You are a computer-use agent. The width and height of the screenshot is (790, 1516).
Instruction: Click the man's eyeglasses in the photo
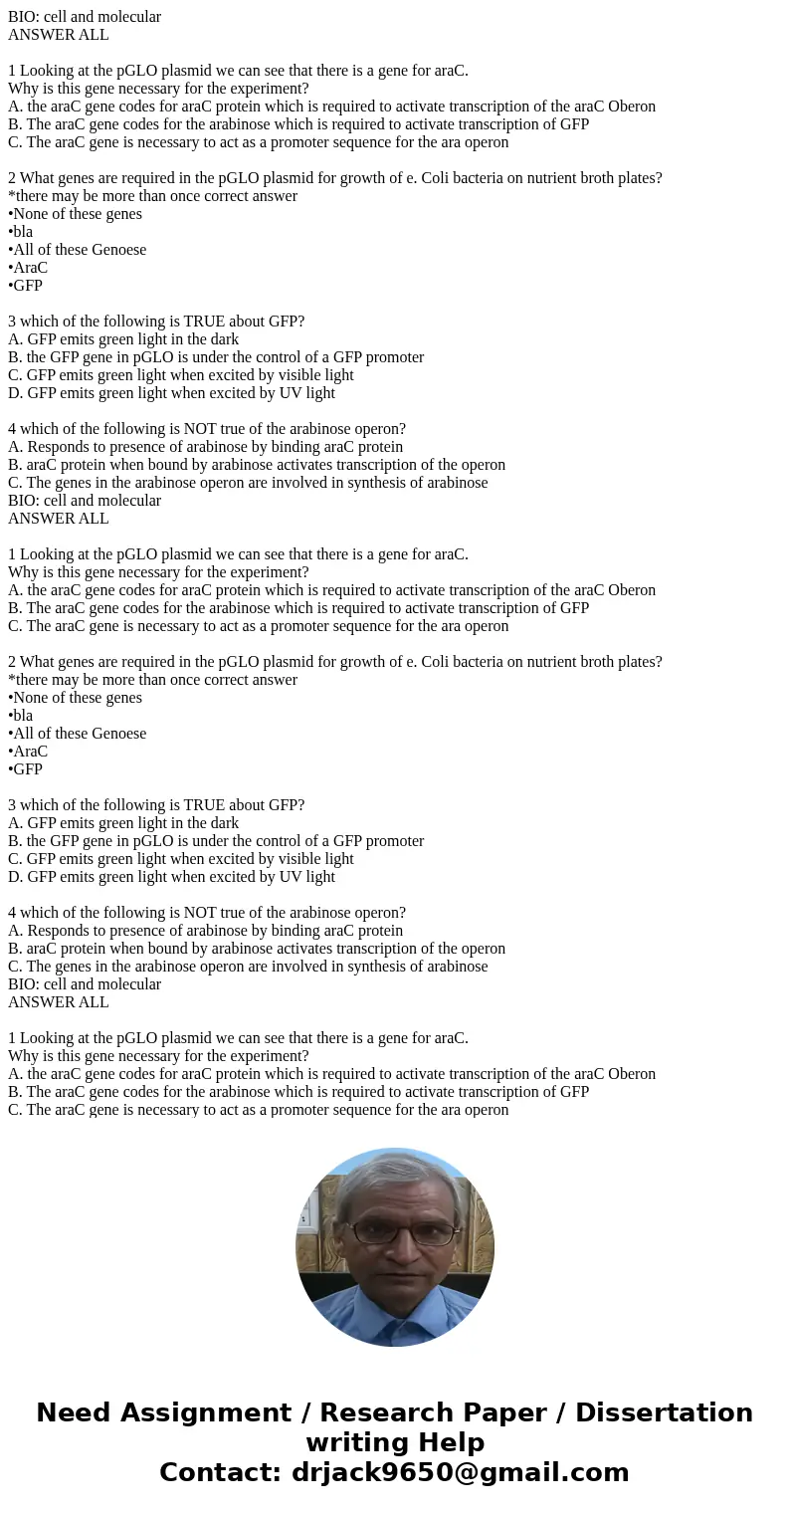(402, 1233)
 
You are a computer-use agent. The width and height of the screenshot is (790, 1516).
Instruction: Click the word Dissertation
(664, 1413)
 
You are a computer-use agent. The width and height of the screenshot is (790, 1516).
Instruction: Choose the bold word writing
(350, 1443)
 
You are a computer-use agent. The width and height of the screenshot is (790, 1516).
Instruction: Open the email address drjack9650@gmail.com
(460, 1473)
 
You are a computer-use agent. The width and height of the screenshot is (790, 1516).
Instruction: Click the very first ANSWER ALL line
(59, 35)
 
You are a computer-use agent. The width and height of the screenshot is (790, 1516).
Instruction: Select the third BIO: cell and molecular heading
(85, 984)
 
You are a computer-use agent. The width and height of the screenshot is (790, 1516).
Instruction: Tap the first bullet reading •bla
(21, 232)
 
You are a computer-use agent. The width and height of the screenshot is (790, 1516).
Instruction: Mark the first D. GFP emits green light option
(171, 393)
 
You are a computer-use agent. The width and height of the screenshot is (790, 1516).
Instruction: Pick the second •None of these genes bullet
(76, 698)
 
